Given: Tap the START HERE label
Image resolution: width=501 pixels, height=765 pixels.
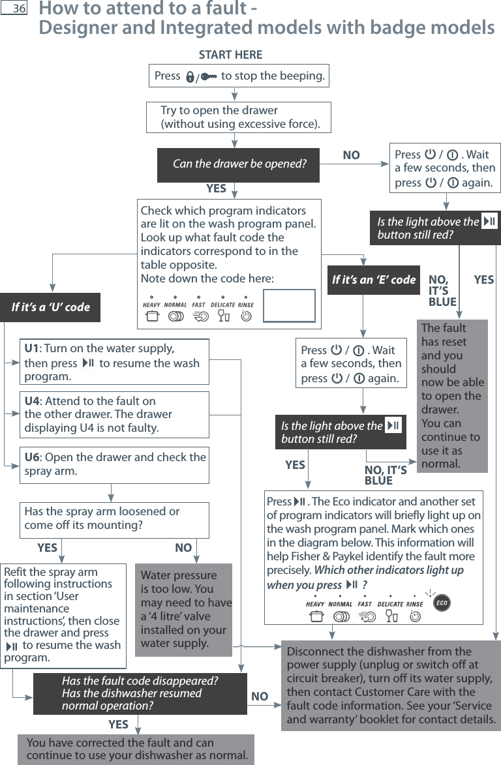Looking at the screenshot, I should (230, 55).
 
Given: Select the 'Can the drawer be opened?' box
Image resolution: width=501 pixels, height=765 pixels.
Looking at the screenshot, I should (239, 164).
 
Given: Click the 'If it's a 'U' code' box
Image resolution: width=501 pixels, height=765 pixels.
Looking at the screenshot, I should (50, 307).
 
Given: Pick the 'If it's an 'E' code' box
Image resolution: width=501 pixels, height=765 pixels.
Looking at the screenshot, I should (373, 280).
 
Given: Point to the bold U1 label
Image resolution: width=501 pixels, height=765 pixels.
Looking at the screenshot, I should (31, 348).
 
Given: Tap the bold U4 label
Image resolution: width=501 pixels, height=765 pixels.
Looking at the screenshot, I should (32, 401).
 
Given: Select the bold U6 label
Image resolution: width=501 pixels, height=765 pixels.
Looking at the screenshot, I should (32, 457).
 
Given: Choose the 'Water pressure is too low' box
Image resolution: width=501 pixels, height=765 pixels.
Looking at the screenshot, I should (183, 609).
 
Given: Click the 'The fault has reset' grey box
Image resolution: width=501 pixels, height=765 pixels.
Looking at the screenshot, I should (452, 396).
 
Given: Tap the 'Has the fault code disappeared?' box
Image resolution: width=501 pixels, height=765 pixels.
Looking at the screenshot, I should (140, 693).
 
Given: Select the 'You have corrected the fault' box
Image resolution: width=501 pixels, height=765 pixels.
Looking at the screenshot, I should (136, 749).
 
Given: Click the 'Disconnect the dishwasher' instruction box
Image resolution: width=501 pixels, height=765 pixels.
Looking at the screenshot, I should (390, 685).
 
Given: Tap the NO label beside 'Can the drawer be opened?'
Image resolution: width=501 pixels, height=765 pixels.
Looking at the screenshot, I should (351, 156).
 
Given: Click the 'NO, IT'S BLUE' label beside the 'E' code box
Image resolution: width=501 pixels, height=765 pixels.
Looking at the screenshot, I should (442, 291).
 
